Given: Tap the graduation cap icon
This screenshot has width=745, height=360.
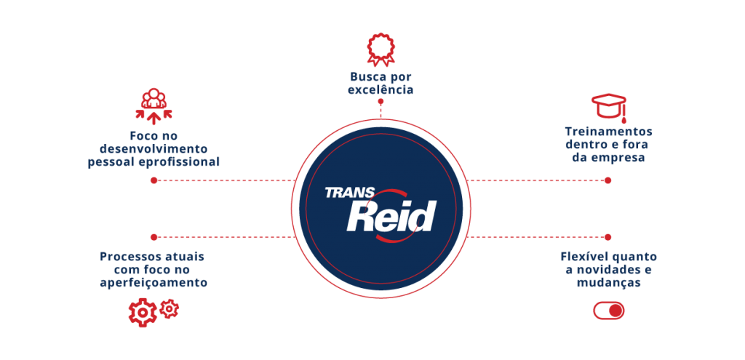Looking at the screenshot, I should pos(608,107).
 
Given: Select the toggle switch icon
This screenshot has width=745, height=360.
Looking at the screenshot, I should pos(609,311).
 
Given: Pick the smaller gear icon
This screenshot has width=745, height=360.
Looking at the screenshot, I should pos(169,308).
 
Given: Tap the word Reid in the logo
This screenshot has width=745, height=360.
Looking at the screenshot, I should pos(390,216).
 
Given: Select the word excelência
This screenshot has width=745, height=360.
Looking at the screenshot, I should pos(381,90).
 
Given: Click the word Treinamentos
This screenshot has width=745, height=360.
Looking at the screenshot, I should pos(608,132).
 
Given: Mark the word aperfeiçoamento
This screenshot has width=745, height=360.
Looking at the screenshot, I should pos(154,282).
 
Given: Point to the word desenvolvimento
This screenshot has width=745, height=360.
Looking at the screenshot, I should pos(154,148).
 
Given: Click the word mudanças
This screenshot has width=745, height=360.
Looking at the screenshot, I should pos(608,283).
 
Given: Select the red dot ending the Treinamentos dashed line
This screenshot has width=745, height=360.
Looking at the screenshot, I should pos(608,180).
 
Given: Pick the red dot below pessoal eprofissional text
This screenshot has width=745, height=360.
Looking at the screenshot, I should pos(154,180).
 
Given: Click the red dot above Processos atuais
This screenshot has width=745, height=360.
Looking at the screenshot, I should pos(154,237).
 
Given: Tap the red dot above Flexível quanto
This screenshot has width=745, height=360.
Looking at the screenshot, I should pos(608,237).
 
